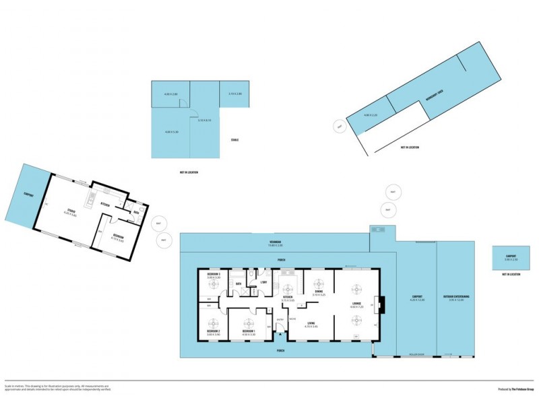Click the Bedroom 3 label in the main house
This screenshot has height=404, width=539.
pyautogui.click(x=214, y=275)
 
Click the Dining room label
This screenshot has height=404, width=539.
pyautogui.click(x=319, y=292)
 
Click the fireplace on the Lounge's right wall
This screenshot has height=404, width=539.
pyautogui.click(x=381, y=305)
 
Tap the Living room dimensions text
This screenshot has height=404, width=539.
pyautogui.click(x=311, y=327)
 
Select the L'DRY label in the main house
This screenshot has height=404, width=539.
pyautogui.click(x=264, y=282)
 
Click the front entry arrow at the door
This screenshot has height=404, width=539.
pyautogui.click(x=280, y=334)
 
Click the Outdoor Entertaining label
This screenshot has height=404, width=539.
pyautogui.click(x=456, y=297)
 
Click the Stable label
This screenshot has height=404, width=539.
pyautogui.click(x=235, y=140)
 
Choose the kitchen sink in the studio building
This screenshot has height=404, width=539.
pyautogui.click(x=90, y=199)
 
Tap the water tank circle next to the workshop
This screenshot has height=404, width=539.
pyautogui.click(x=340, y=126)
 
